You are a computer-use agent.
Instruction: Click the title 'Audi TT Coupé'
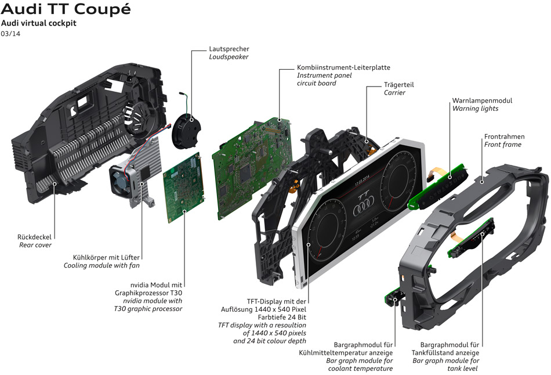(66, 9)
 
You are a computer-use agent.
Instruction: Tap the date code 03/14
(10, 34)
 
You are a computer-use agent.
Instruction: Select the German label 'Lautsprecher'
(229, 49)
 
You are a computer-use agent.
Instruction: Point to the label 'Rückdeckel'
(34, 237)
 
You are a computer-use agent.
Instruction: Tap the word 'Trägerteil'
(399, 85)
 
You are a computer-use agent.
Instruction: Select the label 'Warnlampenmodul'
(482, 100)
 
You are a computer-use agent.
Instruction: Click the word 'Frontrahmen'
(504, 136)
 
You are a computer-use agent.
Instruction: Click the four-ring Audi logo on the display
(363, 208)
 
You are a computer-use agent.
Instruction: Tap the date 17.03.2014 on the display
(362, 180)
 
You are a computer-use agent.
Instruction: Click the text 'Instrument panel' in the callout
(324, 75)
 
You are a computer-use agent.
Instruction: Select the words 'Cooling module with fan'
(101, 266)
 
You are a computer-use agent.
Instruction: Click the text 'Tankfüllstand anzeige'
(445, 353)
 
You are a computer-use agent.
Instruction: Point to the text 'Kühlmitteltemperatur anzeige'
(346, 353)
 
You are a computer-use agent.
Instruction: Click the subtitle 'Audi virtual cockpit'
(39, 23)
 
